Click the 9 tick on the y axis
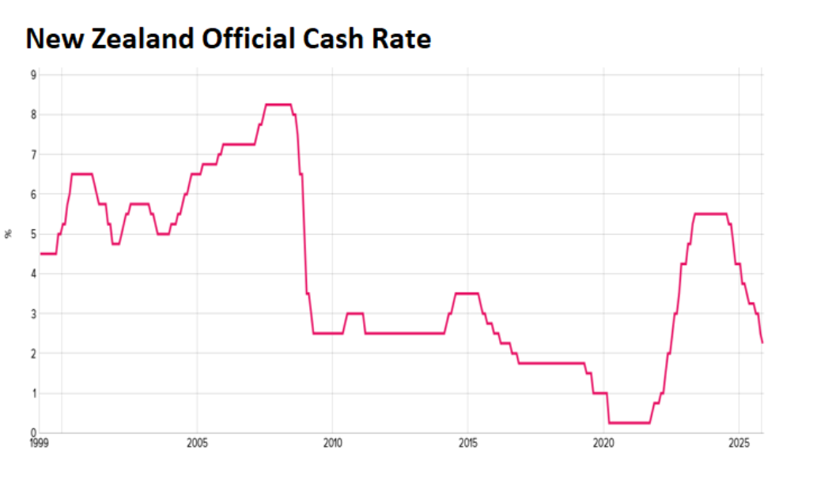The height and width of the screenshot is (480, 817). (33, 75)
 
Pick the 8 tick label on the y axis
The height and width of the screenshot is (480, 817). (33, 115)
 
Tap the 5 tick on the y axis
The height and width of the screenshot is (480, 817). (33, 234)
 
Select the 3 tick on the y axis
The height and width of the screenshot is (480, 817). (33, 314)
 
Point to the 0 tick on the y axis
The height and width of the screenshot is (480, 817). (33, 433)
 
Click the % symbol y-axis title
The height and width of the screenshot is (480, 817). (9, 234)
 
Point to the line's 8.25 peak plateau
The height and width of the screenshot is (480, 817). (278, 104)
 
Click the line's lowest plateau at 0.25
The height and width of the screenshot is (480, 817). (629, 423)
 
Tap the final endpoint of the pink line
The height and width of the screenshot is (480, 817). (762, 342)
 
